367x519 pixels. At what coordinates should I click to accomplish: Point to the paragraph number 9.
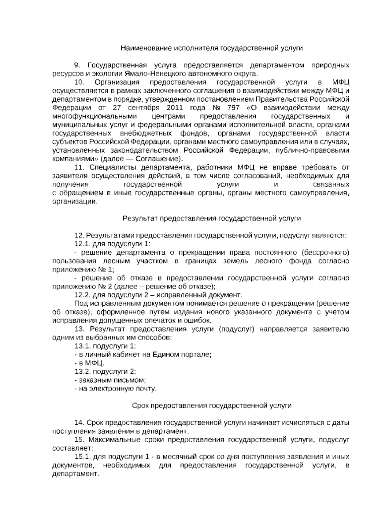click(77, 65)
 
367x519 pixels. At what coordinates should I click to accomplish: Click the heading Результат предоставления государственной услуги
click(212, 218)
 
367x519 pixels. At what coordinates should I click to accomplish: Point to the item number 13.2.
click(81, 372)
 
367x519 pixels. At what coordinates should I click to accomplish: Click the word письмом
click(132, 380)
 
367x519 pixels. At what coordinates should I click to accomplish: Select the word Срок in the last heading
click(140, 406)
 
